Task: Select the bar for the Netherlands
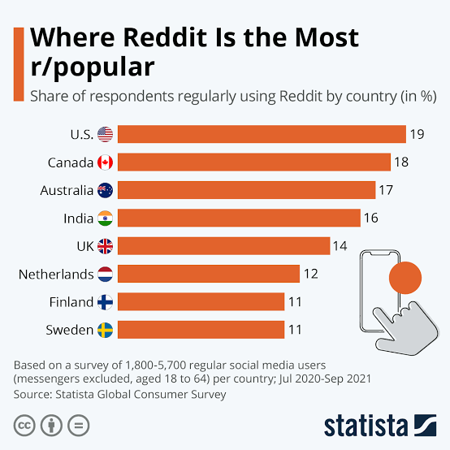pos(210,274)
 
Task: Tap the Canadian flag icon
pos(106,162)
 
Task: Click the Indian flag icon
pos(106,218)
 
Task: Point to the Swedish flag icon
pos(106,329)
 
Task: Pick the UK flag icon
pos(106,246)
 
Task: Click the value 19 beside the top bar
pos(417,134)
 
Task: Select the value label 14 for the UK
pos(341,246)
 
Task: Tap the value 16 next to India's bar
pos(371,218)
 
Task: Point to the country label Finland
pos(71,301)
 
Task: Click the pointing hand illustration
pos(406,325)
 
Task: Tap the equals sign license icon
pos(77,426)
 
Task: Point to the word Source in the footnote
pos(32,394)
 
